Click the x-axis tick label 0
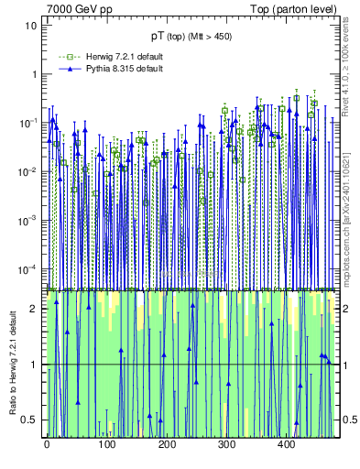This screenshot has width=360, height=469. pyautogui.click(x=47, y=444)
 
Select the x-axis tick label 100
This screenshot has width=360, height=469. pyautogui.click(x=106, y=444)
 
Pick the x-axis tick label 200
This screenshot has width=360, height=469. pyautogui.click(x=167, y=444)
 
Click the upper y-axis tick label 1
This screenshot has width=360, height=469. pyautogui.click(x=35, y=75)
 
